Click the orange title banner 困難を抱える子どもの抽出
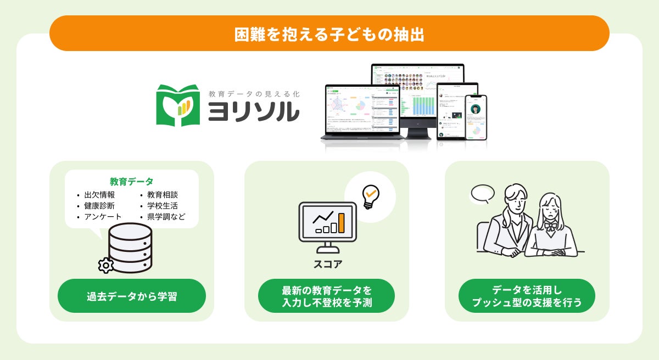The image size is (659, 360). pyautogui.click(x=329, y=33)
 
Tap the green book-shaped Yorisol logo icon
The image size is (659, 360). pyautogui.click(x=177, y=104)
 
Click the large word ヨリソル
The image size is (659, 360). pyautogui.click(x=253, y=112)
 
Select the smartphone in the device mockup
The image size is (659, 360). pyautogui.click(x=476, y=117)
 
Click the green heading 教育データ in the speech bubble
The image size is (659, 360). pyautogui.click(x=131, y=182)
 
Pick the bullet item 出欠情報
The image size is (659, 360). pyautogui.click(x=99, y=195)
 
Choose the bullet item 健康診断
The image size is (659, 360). pyautogui.click(x=99, y=206)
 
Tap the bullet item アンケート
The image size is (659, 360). pyautogui.click(x=103, y=217)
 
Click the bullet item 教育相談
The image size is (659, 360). pyautogui.click(x=163, y=195)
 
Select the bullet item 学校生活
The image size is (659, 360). pyautogui.click(x=163, y=206)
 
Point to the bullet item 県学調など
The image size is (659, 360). pyautogui.click(x=166, y=217)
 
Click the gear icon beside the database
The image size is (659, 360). pyautogui.click(x=105, y=265)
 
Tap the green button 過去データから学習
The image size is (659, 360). pyautogui.click(x=132, y=296)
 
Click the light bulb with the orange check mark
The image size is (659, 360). pyautogui.click(x=371, y=195)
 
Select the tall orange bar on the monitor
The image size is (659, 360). pyautogui.click(x=342, y=222)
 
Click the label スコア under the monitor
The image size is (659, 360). pyautogui.click(x=328, y=264)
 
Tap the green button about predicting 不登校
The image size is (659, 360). pyautogui.click(x=327, y=296)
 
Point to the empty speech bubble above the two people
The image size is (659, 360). pyautogui.click(x=483, y=193)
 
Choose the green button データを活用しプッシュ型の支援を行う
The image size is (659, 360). pyautogui.click(x=527, y=296)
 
